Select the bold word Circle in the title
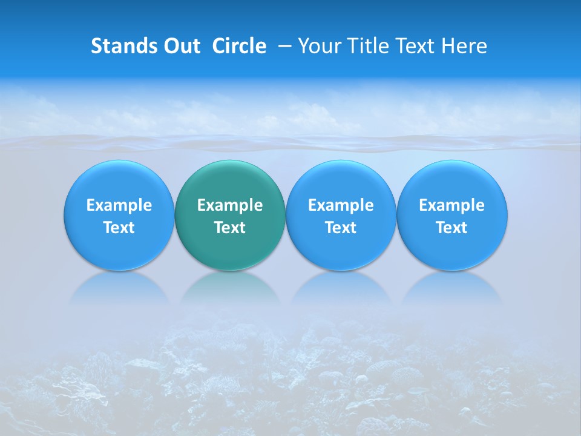239,46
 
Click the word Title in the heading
364,46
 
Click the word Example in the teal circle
230,205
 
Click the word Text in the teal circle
230,228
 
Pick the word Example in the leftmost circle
119,205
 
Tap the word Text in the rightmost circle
452,228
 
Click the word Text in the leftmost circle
119,228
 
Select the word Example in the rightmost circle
452,205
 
